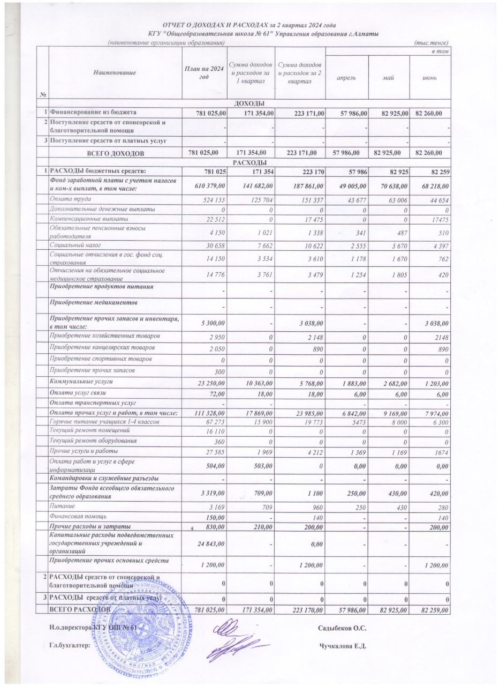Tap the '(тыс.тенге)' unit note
pos(432,43)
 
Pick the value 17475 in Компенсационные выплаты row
pos(437,219)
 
